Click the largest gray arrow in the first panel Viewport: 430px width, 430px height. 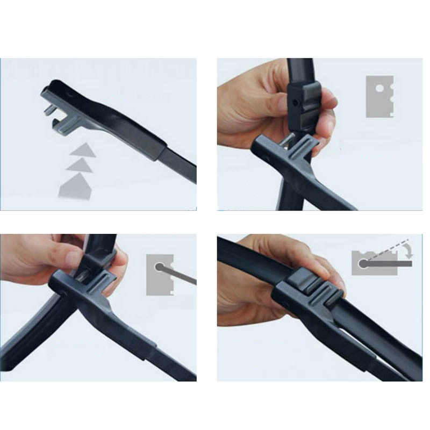click(76, 185)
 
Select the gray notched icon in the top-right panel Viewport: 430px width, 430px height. click(379, 97)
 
